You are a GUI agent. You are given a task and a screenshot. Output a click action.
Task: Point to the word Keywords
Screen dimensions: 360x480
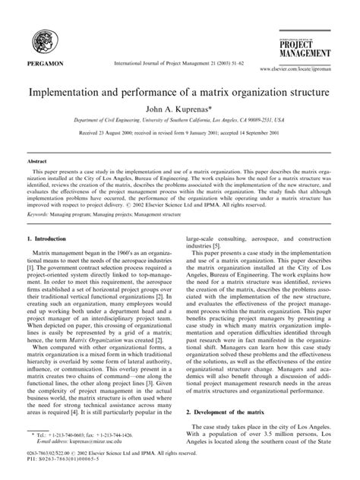39,215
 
